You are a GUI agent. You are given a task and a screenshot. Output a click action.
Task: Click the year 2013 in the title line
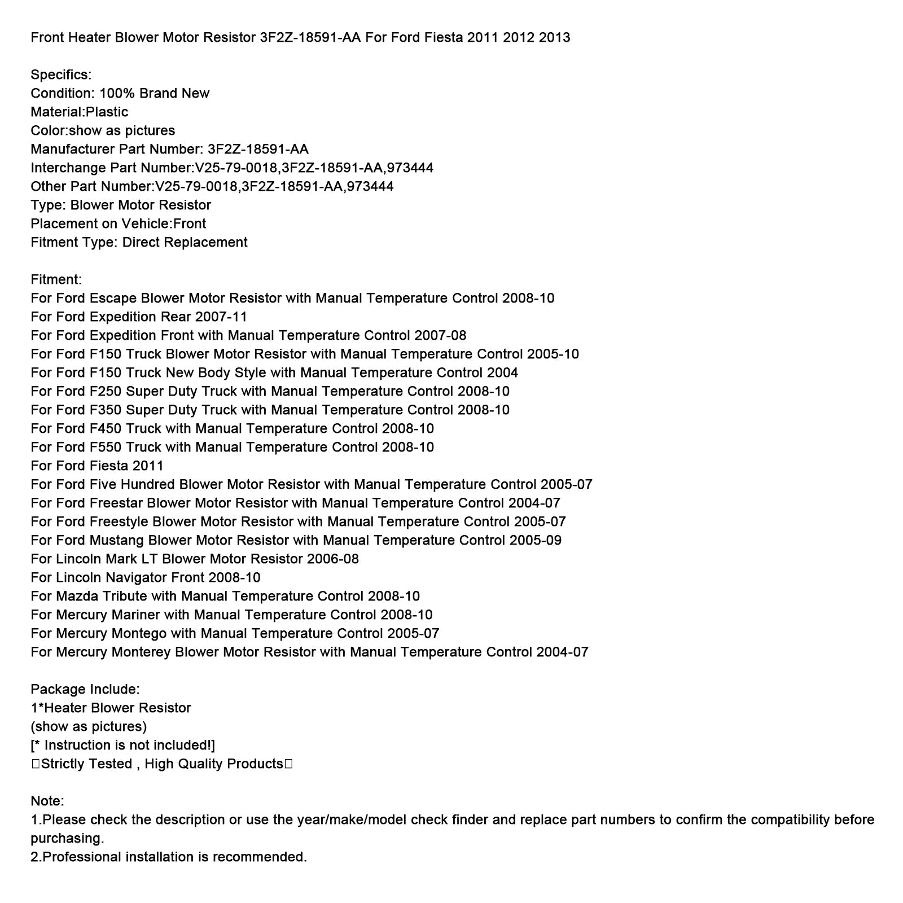554,38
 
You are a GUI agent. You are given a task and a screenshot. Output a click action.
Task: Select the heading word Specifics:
61,75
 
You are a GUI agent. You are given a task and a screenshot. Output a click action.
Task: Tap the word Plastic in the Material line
107,112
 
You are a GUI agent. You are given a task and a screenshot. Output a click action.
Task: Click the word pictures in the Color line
150,131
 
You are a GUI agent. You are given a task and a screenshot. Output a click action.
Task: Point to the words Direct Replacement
185,243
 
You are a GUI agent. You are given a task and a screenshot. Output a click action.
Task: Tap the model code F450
106,429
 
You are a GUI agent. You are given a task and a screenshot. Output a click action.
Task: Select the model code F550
106,448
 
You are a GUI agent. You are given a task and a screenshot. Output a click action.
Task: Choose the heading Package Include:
85,690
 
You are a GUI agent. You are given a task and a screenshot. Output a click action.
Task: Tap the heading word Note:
47,801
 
